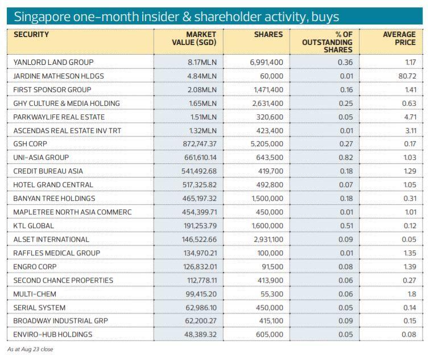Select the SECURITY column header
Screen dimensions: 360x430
point(31,35)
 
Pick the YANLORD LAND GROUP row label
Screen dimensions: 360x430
point(53,62)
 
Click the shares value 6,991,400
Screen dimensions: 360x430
point(266,62)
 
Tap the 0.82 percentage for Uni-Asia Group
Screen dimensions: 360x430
point(345,158)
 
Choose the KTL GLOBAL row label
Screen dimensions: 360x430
point(34,226)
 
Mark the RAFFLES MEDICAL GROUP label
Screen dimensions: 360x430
point(57,253)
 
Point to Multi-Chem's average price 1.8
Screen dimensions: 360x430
point(411,294)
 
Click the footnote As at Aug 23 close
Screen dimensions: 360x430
point(30,349)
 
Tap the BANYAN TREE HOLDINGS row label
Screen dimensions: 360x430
point(55,198)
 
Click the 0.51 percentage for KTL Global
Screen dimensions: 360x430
point(345,226)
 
